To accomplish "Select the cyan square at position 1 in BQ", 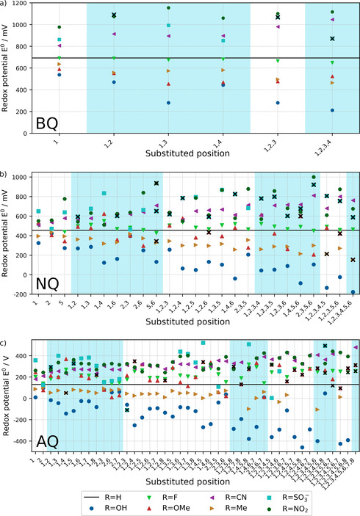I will click(x=60, y=40).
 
